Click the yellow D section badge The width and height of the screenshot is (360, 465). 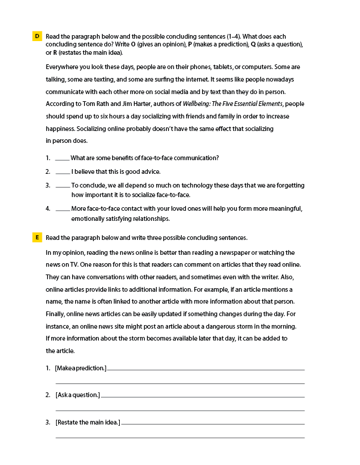[37, 37]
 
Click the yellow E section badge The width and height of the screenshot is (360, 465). [37, 238]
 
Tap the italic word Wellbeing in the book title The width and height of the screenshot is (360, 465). [198, 104]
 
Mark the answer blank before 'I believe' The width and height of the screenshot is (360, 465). [62, 172]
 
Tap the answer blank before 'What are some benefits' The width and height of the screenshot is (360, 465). [62, 158]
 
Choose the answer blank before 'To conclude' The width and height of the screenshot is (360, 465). [62, 186]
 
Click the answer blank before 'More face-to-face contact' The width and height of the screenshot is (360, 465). [62, 209]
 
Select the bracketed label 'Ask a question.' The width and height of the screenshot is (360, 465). [77, 395]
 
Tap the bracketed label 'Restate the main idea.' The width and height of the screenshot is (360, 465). [88, 423]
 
